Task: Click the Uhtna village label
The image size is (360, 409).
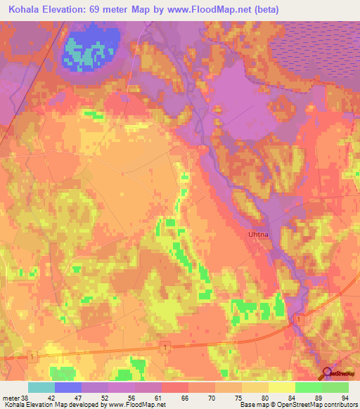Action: click(x=258, y=235)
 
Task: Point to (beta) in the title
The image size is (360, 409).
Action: click(x=266, y=10)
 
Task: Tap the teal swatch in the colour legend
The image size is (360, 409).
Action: click(x=41, y=387)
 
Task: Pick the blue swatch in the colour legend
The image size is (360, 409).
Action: click(x=68, y=387)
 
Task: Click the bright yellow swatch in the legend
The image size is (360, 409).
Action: click(x=281, y=387)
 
